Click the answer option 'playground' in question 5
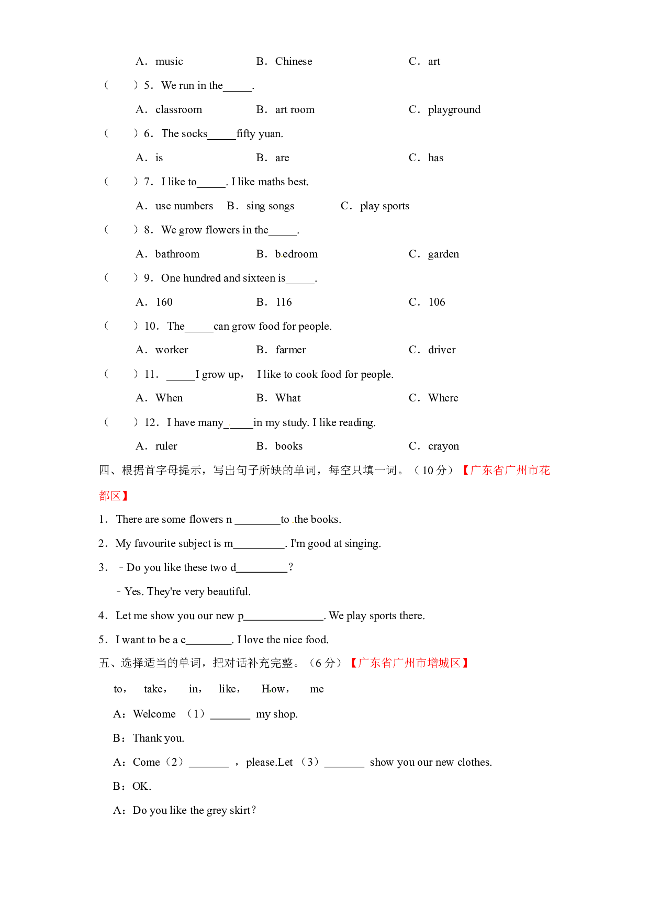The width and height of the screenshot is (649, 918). tap(454, 110)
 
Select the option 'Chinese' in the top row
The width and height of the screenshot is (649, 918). tap(294, 61)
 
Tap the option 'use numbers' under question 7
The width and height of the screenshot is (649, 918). tap(184, 206)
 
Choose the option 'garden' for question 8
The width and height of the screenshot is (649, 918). tap(443, 254)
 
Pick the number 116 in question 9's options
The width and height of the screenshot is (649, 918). tap(284, 302)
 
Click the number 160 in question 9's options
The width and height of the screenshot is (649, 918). tap(164, 302)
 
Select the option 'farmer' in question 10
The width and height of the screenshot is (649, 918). tap(290, 350)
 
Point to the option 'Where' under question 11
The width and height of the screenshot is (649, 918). tap(443, 398)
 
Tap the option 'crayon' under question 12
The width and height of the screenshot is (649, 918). tap(443, 446)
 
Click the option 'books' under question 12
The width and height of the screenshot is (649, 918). tap(289, 446)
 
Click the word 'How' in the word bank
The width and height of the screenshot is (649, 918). tap(273, 689)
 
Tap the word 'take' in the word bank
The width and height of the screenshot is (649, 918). tap(153, 689)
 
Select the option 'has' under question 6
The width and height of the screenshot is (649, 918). tap(435, 158)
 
